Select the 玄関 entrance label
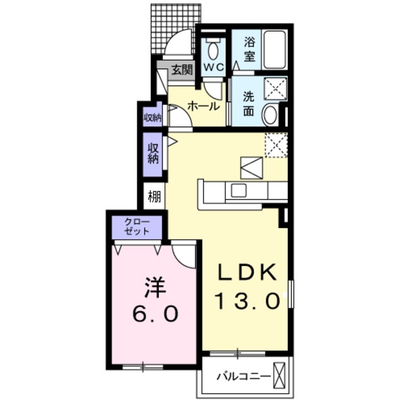(x=182, y=69)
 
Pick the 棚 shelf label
(x=154, y=196)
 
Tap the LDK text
(x=247, y=273)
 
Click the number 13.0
(x=247, y=301)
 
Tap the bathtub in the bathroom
(x=275, y=48)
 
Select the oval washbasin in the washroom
(x=271, y=115)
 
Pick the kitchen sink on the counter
(x=239, y=190)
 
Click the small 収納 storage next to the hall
(x=152, y=116)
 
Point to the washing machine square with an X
(x=275, y=89)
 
